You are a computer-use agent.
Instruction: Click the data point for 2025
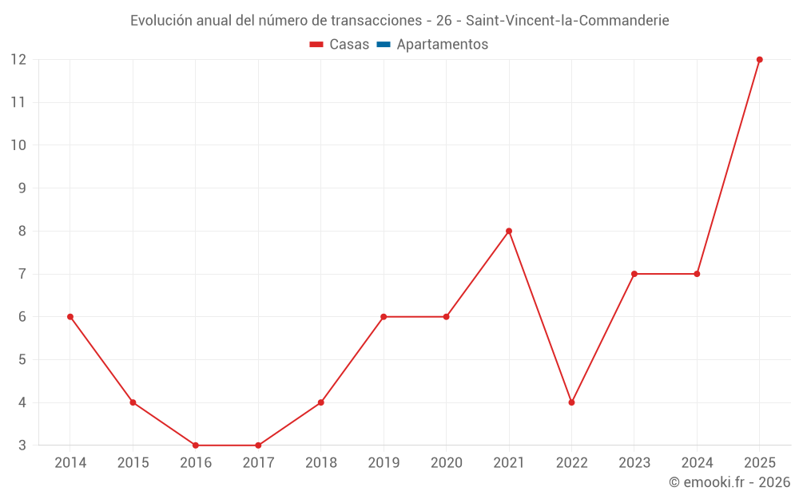coord(759,60)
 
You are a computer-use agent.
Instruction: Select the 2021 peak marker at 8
coord(508,232)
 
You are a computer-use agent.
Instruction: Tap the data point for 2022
coord(571,402)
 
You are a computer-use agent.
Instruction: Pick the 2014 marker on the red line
coord(70,317)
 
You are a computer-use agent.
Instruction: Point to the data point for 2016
coord(196,445)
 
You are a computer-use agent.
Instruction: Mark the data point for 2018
coord(320,402)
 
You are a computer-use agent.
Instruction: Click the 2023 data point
coord(634,274)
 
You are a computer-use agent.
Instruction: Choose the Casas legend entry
coord(340,44)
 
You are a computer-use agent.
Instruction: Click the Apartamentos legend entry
coord(432,44)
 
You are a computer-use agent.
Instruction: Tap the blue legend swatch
coord(384,44)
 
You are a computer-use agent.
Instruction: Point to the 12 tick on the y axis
coord(18,60)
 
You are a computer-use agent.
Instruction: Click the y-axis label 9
coord(22,188)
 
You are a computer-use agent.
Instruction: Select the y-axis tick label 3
coord(22,445)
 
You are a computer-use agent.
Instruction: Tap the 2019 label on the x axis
coord(384,462)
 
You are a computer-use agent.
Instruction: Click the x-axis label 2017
coord(258,462)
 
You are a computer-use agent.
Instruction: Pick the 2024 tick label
coord(697,462)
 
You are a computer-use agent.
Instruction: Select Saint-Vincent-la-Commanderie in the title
coord(567,21)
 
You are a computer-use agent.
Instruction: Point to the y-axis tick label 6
coord(22,317)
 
